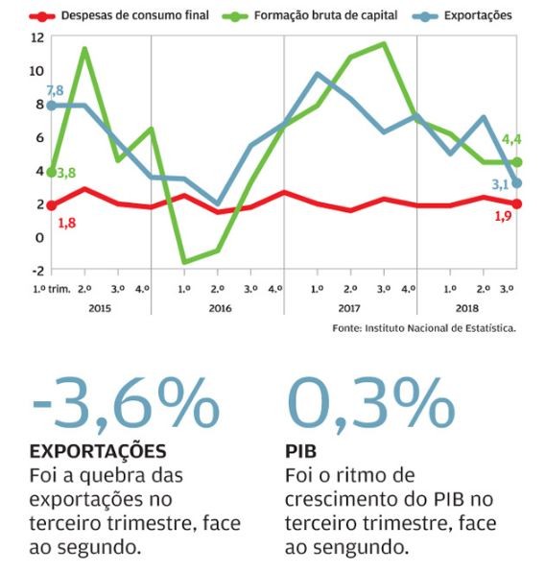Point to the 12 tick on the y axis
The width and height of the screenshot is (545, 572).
coord(37,37)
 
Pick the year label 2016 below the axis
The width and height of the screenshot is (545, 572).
coord(220,308)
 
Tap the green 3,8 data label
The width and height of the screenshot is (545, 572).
coord(66,174)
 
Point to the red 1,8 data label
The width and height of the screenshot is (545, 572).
coord(67,223)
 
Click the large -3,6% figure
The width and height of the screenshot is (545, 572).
coord(126,404)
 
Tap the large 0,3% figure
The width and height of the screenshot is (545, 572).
coord(369,404)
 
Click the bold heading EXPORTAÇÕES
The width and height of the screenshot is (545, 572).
coord(99,451)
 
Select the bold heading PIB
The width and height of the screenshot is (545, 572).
coord(302,451)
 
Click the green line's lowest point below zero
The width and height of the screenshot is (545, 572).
coord(183,261)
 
